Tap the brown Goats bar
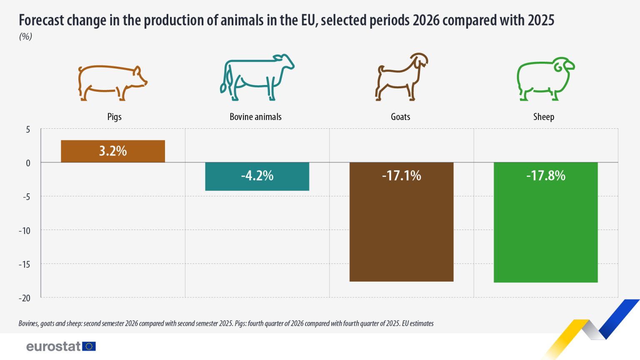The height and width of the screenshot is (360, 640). [x=401, y=233]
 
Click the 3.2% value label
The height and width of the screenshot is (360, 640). [x=112, y=151]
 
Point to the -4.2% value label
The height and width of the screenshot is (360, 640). [x=257, y=175]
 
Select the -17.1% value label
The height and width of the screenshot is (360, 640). [x=401, y=175]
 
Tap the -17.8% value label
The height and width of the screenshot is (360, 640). [x=545, y=175]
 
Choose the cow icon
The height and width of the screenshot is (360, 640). [x=257, y=77]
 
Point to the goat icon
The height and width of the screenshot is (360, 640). [x=401, y=77]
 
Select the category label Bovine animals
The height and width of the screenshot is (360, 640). [x=255, y=117]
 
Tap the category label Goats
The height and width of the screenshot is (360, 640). [x=400, y=117]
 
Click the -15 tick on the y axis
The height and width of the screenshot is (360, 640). [x=25, y=264]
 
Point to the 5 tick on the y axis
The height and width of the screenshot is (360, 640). [x=28, y=130]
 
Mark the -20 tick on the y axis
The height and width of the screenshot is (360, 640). [x=25, y=298]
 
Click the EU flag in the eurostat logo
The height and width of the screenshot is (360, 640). [x=89, y=346]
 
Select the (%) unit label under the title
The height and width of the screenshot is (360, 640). [x=25, y=37]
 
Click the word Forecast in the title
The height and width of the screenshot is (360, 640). [x=41, y=20]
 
